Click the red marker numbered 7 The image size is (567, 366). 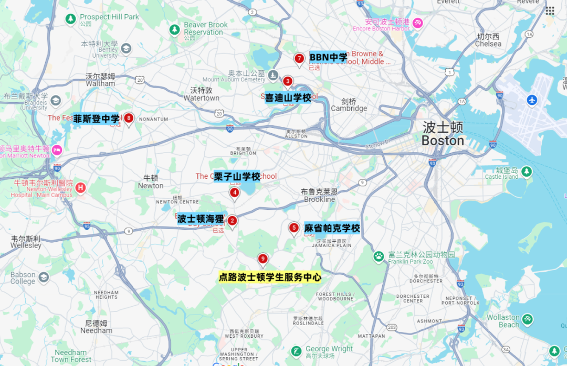(x=299, y=59)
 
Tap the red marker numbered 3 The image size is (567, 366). (x=288, y=81)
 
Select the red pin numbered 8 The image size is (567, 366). (x=128, y=118)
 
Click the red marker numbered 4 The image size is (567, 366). (x=235, y=192)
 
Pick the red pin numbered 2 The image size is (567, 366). (x=232, y=221)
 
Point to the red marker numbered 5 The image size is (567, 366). (x=293, y=228)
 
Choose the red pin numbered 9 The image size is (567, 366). (x=262, y=259)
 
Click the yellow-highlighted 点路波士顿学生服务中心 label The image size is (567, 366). (x=270, y=277)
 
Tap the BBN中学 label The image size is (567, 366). (x=329, y=57)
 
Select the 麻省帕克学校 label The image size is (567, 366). (x=332, y=228)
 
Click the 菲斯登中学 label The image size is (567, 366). (x=97, y=119)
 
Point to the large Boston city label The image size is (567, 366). (x=443, y=134)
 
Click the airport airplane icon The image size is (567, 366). (x=532, y=100)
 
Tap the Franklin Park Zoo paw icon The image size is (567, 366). (x=379, y=256)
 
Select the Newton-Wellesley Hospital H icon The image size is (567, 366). (x=80, y=187)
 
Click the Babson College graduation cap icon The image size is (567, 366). (x=44, y=277)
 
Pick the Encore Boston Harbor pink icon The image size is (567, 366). (x=418, y=24)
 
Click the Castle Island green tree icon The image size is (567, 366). (x=526, y=171)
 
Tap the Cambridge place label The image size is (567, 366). (x=349, y=105)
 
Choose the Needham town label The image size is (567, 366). (x=96, y=327)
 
